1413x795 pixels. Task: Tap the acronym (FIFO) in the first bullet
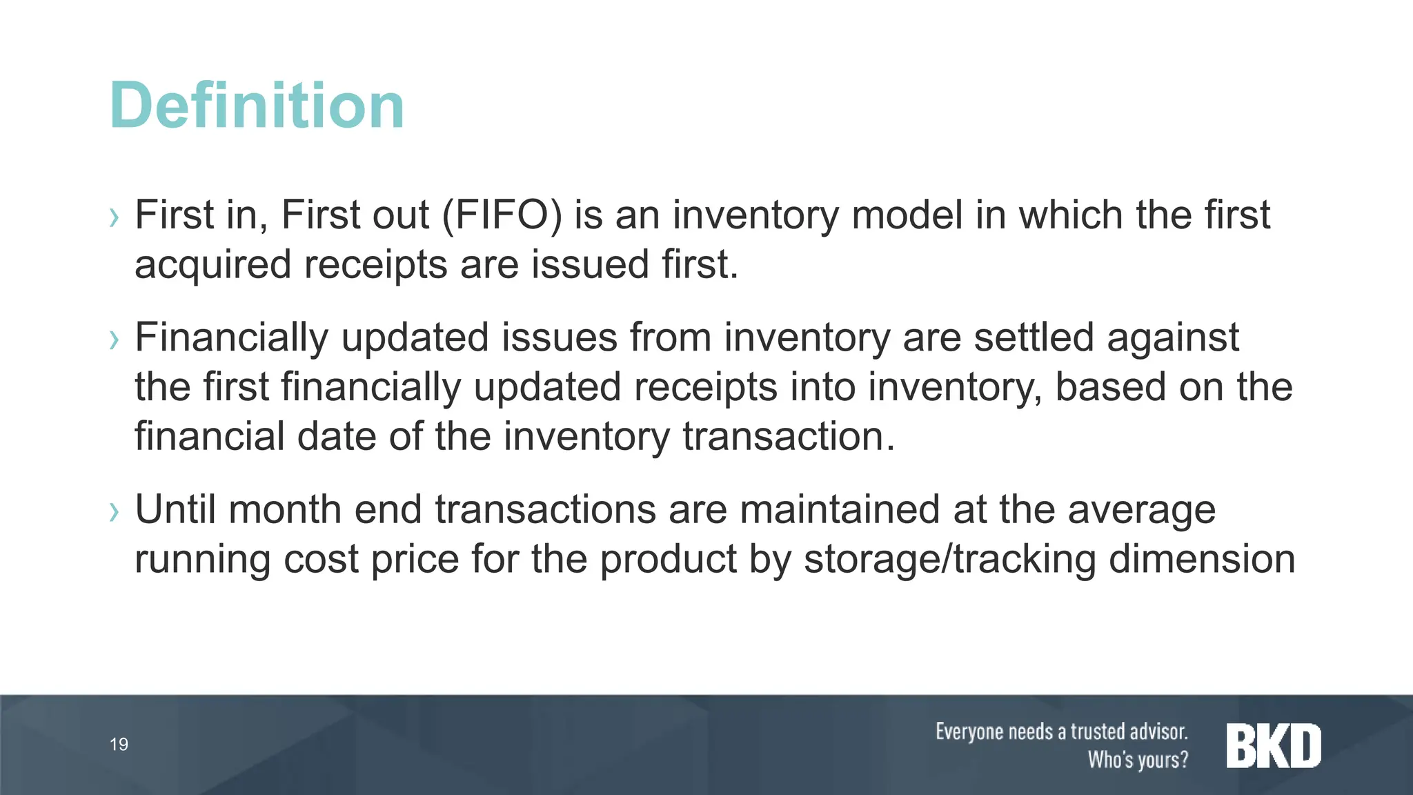(502, 215)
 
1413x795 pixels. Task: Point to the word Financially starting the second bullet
(231, 338)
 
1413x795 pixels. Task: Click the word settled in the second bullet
(1034, 337)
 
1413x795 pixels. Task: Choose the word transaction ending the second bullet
(788, 437)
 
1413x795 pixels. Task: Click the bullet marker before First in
(115, 218)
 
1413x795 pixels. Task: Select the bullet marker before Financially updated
(115, 340)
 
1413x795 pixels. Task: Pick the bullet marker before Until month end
(115, 512)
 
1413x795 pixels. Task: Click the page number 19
(119, 744)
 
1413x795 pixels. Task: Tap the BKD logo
(1274, 745)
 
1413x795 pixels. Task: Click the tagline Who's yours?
(1138, 760)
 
